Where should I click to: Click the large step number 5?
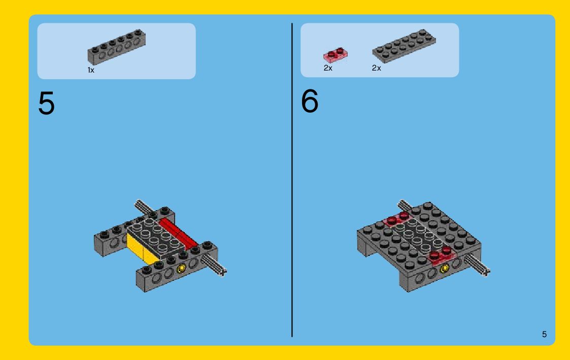46,103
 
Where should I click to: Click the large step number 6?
310,101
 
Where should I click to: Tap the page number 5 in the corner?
544,334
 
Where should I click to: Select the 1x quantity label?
91,70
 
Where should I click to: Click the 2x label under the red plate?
328,68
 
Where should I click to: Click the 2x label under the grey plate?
376,68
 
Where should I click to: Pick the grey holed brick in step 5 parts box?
116,47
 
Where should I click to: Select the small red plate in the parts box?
335,55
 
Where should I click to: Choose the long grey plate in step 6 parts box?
404,46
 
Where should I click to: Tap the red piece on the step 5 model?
178,234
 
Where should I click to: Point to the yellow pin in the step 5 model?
181,269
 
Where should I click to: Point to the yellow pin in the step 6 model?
444,269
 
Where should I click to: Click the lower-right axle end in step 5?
223,271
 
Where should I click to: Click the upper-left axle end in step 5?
138,202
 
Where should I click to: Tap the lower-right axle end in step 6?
486,271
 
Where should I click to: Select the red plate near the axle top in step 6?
397,219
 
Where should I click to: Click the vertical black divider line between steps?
292,180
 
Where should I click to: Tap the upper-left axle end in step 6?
401,202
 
